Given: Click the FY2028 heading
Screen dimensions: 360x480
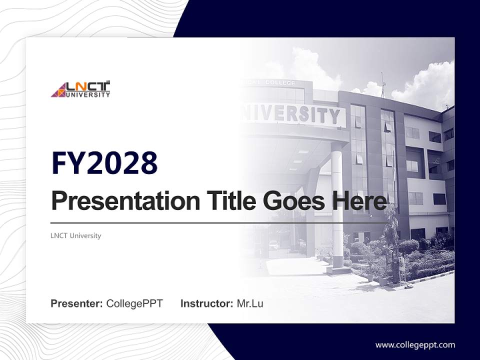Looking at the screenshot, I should [x=104, y=163].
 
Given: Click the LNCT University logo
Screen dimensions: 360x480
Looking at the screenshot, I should [x=80, y=89].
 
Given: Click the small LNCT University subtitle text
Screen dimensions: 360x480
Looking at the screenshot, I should [x=75, y=235].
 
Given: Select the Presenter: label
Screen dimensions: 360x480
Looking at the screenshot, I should [x=76, y=303].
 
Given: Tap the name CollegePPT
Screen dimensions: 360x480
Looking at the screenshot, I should [x=134, y=303].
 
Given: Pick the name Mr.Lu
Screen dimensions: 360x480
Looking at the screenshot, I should [x=250, y=303].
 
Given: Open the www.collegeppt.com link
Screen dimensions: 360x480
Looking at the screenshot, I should [x=415, y=345].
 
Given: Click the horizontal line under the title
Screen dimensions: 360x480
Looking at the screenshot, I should [x=220, y=223].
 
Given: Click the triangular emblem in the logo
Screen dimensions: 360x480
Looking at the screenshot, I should [x=58, y=90].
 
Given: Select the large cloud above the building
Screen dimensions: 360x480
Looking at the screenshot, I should [x=425, y=85].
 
